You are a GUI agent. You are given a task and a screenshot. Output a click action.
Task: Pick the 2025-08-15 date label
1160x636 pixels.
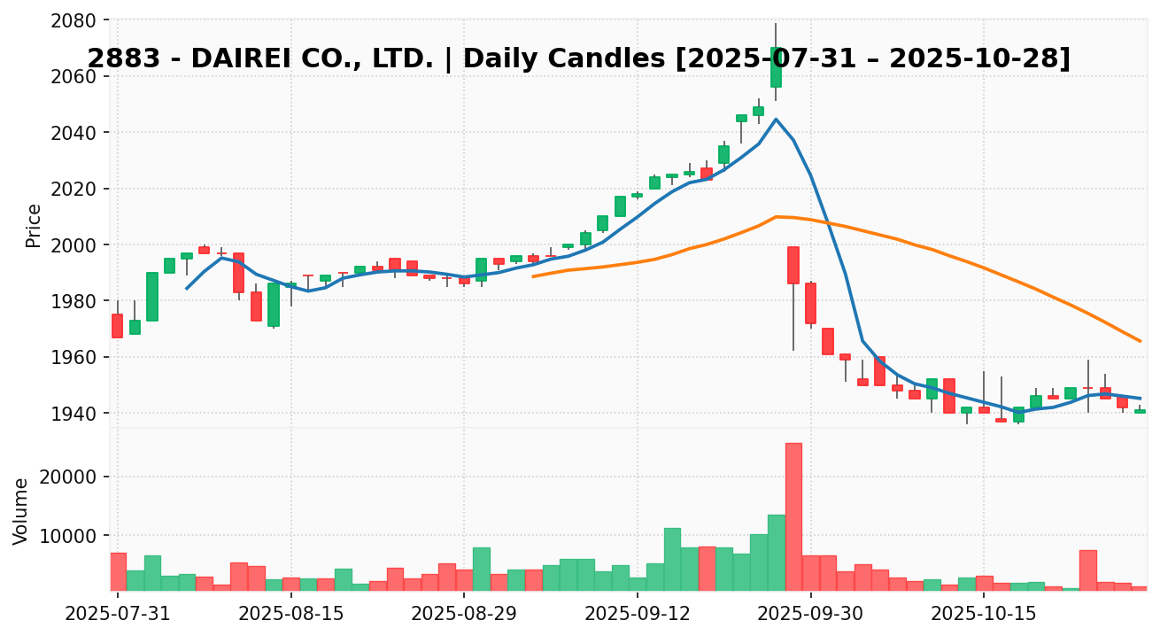click(290, 613)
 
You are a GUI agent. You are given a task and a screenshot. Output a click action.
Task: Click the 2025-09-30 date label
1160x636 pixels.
click(810, 613)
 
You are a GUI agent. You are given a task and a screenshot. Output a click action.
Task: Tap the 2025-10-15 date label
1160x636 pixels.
click(983, 613)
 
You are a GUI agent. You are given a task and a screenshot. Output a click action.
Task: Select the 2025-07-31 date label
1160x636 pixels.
click(118, 613)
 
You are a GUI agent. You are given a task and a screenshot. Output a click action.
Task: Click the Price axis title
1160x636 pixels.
click(34, 225)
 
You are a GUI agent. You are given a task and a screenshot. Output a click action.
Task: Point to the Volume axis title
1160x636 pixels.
click(21, 511)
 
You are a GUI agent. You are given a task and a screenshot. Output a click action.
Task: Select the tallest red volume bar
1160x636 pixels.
click(793, 516)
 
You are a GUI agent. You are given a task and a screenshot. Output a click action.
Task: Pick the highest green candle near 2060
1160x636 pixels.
click(776, 67)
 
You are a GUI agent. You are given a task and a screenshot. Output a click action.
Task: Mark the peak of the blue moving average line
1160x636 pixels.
click(776, 119)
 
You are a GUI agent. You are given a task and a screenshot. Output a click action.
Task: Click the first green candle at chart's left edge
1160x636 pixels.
click(135, 327)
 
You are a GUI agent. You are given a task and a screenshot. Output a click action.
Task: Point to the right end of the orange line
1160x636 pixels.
click(1141, 341)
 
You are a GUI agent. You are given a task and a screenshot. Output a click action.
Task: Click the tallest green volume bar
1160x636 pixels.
click(776, 552)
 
